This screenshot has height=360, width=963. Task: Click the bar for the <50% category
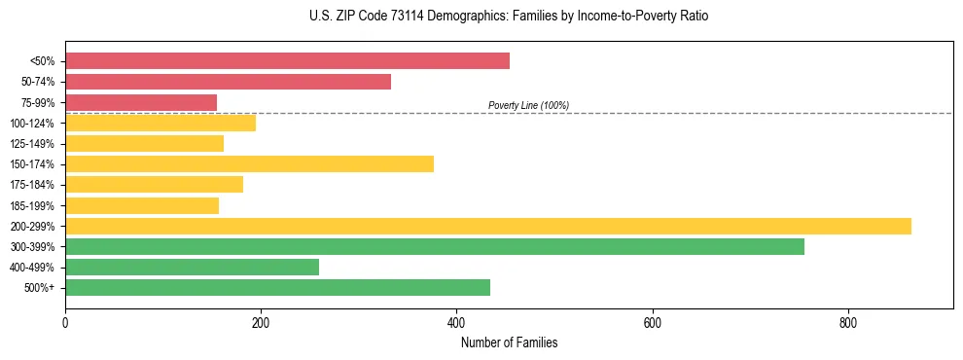coord(287,61)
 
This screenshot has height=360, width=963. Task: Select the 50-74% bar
coord(228,82)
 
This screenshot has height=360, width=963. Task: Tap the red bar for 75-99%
coord(141,102)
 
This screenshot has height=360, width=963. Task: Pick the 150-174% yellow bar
coord(249,163)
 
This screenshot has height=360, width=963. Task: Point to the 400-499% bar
coord(192,267)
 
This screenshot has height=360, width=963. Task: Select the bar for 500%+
coord(277,287)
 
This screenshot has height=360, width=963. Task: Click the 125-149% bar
coord(144,143)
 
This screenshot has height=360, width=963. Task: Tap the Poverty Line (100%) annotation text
coord(528,105)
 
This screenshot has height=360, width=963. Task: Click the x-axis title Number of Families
coord(509,342)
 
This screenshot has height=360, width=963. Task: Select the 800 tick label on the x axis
coord(847,323)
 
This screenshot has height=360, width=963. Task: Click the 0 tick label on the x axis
coord(65,323)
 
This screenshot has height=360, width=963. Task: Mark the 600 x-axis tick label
coord(652,323)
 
